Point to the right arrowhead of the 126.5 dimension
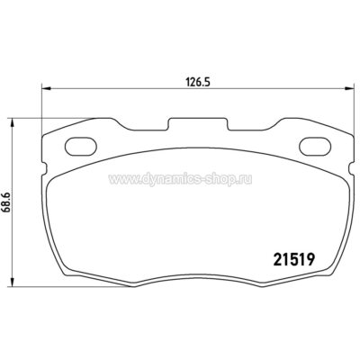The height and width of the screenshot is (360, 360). click(x=346, y=87)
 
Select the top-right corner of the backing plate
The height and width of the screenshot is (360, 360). click(x=346, y=134)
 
